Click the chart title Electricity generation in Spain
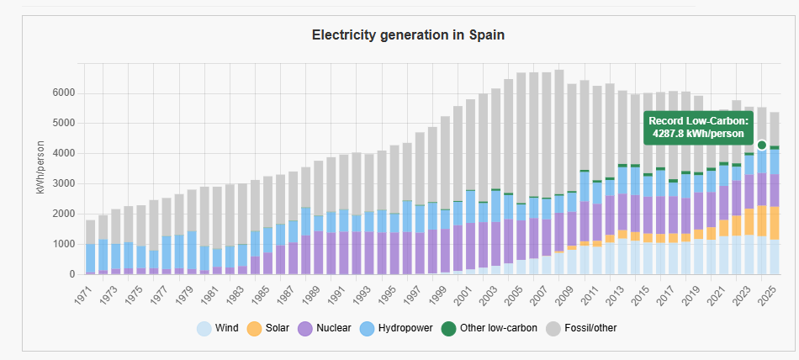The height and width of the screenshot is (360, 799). [408, 34]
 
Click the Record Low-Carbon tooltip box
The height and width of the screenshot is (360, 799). [697, 127]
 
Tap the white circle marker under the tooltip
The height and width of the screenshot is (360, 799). [762, 145]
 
